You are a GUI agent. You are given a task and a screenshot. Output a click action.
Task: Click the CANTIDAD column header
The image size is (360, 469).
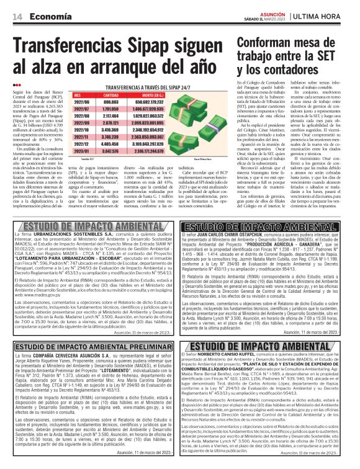pos(110,96)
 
